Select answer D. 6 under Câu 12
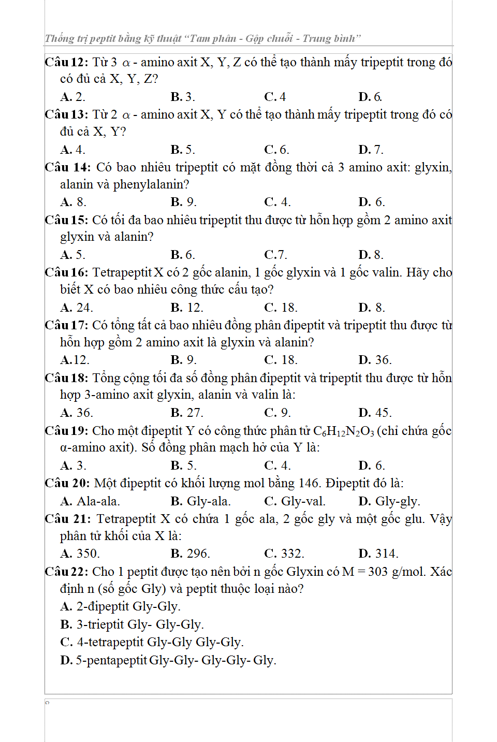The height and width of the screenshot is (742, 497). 370,97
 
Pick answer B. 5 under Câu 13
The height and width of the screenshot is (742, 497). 183,150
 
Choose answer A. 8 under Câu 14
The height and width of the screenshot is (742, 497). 73,202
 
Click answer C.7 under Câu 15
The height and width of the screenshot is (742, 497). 275,255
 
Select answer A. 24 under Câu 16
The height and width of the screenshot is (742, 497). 76,308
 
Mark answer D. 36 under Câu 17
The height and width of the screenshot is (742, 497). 375,360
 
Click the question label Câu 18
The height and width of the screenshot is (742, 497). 66,378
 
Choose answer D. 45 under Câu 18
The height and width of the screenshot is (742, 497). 375,413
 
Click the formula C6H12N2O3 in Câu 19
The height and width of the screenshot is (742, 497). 343,431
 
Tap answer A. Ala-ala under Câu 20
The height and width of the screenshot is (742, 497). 90,501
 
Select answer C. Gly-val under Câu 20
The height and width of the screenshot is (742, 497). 295,501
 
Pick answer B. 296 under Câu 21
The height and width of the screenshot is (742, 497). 190,554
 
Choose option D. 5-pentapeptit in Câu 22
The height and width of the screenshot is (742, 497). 168,660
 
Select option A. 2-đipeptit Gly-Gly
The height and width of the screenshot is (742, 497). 120,606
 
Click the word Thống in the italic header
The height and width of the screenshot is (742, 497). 60,39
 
